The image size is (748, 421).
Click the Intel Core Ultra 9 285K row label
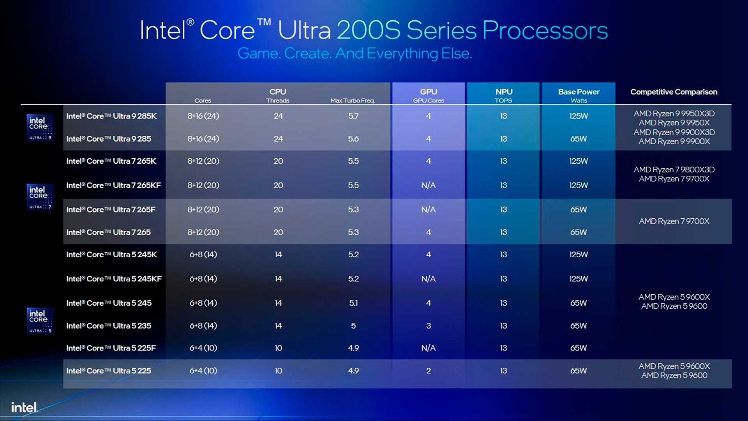(x=111, y=116)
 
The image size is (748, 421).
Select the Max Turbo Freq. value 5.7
(x=353, y=116)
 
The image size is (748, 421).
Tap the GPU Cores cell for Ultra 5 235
(x=429, y=326)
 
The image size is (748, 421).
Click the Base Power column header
(x=579, y=92)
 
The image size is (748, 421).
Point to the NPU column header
(x=504, y=92)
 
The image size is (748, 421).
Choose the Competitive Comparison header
(x=674, y=92)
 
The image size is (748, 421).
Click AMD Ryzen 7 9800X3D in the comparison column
(x=674, y=170)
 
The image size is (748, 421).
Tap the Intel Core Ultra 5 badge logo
(x=40, y=321)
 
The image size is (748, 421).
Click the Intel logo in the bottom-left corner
(x=24, y=407)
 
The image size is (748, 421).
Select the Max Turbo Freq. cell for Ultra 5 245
(x=353, y=303)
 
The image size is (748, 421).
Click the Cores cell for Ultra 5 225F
(x=203, y=348)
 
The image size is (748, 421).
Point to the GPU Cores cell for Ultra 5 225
(x=429, y=371)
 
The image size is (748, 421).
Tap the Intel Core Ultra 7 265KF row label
(x=113, y=186)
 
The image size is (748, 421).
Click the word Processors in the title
(x=545, y=30)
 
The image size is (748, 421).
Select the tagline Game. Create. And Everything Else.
(x=355, y=53)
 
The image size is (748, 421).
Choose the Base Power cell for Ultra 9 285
(x=579, y=139)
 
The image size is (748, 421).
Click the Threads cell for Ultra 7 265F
(x=278, y=210)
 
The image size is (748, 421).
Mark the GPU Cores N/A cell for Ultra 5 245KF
(x=429, y=279)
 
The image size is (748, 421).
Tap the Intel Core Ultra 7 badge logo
(x=40, y=197)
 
